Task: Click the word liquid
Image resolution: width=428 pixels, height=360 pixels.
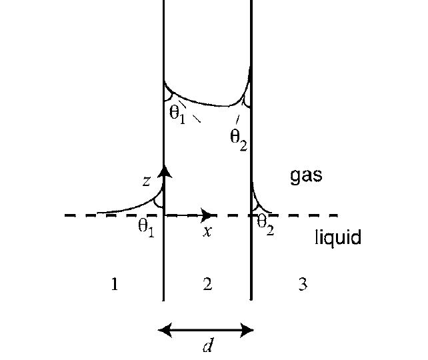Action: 338,237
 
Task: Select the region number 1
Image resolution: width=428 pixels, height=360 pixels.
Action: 115,285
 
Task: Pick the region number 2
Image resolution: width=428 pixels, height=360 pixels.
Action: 207,285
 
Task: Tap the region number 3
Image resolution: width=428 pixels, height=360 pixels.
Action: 303,285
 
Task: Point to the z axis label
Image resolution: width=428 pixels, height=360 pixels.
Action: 147,181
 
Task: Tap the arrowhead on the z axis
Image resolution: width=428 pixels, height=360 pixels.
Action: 164,172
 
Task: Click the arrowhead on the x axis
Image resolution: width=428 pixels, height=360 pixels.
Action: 207,215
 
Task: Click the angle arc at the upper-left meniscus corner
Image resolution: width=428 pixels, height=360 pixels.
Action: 169,96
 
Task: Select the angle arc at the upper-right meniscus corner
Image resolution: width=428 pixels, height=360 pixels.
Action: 247,99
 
